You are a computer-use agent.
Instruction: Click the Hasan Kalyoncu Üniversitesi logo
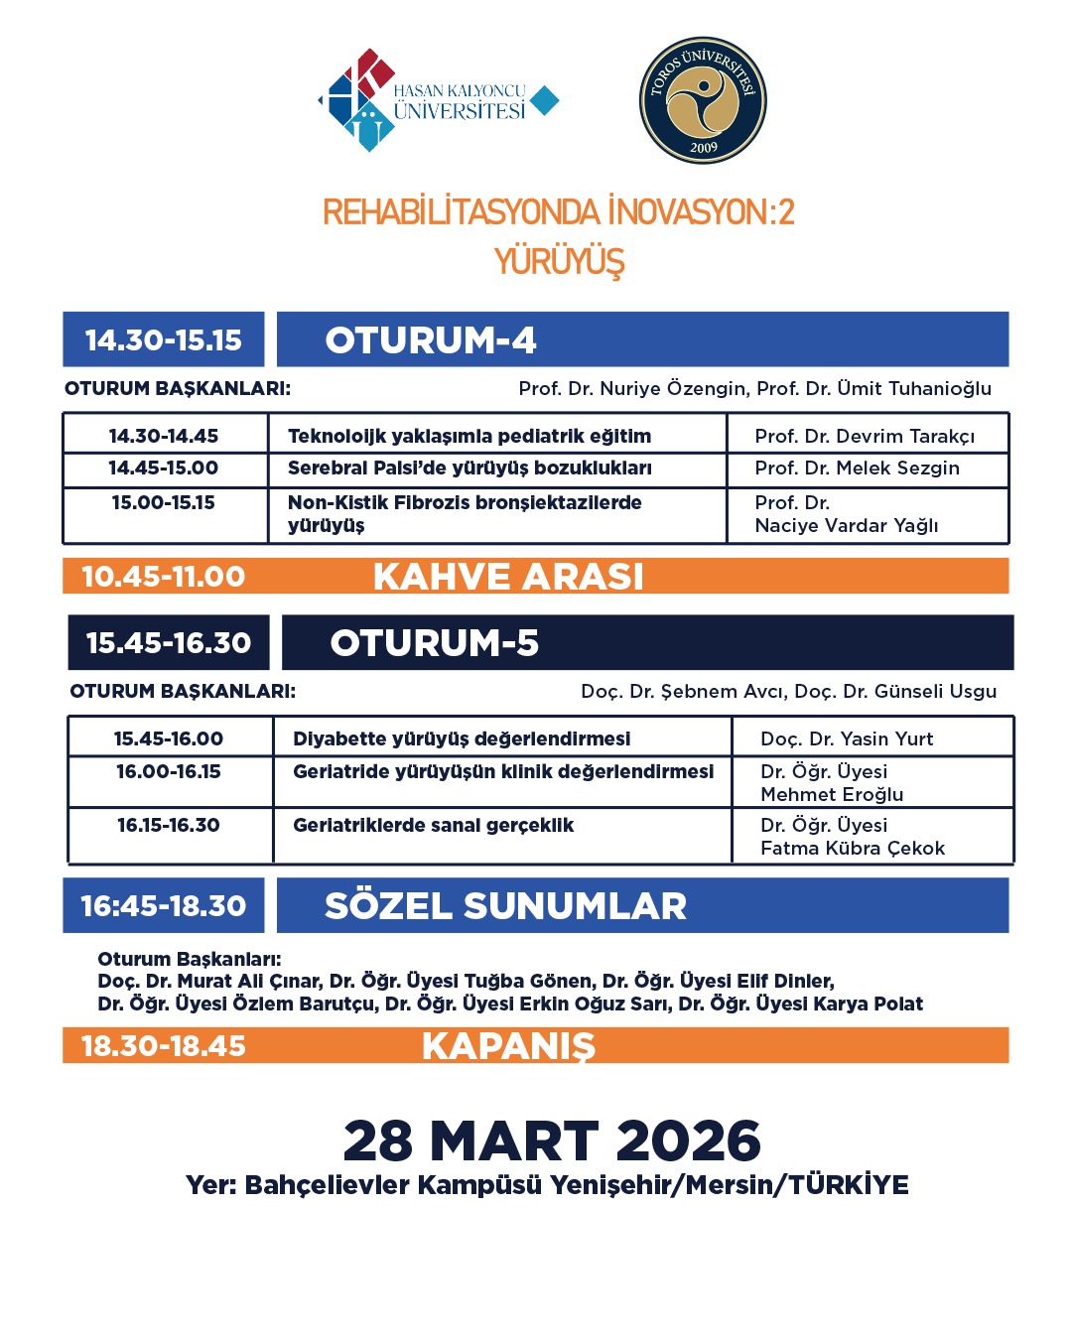[x=437, y=100]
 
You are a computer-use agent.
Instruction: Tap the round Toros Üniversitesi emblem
[x=703, y=100]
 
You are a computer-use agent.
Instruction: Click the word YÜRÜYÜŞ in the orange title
[x=559, y=262]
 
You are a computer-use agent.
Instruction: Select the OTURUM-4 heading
[x=431, y=340]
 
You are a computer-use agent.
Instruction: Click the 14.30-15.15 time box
[x=164, y=340]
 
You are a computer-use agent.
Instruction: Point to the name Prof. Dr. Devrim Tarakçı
[x=865, y=436]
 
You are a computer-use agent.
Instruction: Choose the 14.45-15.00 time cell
[x=164, y=468]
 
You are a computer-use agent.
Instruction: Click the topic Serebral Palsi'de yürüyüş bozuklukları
[x=469, y=468]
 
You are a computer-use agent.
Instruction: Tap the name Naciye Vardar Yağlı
[x=846, y=525]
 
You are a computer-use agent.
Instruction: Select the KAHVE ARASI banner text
[x=508, y=577]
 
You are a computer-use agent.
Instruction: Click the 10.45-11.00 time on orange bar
[x=164, y=577]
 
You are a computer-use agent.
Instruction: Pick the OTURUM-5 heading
[x=435, y=643]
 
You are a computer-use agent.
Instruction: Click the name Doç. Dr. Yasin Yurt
[x=847, y=738]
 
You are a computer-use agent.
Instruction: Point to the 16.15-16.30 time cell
[x=169, y=825]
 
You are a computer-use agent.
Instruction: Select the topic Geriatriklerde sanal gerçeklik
[x=433, y=825]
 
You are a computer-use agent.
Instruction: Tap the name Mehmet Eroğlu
[x=832, y=794]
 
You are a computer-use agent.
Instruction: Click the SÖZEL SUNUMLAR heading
[x=505, y=906]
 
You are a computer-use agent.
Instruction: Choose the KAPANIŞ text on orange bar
[x=508, y=1046]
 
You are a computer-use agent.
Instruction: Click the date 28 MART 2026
[x=552, y=1141]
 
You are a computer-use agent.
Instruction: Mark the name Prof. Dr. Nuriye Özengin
[x=632, y=388]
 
